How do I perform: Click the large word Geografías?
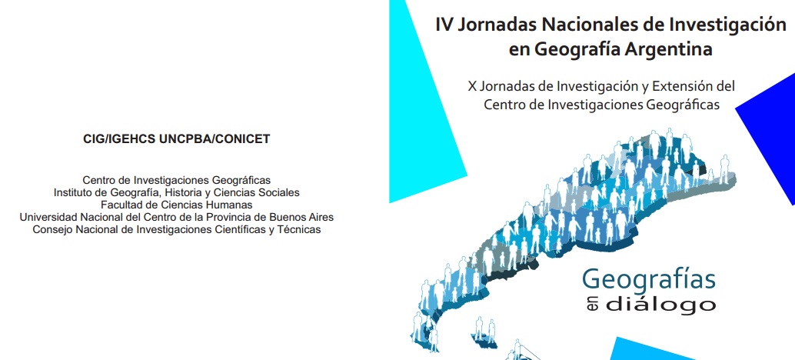pyautogui.click(x=649, y=281)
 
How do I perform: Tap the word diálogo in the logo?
pyautogui.click(x=660, y=305)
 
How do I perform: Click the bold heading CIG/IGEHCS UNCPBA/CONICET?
pyautogui.click(x=176, y=139)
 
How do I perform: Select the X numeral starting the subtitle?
pyautogui.click(x=471, y=87)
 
